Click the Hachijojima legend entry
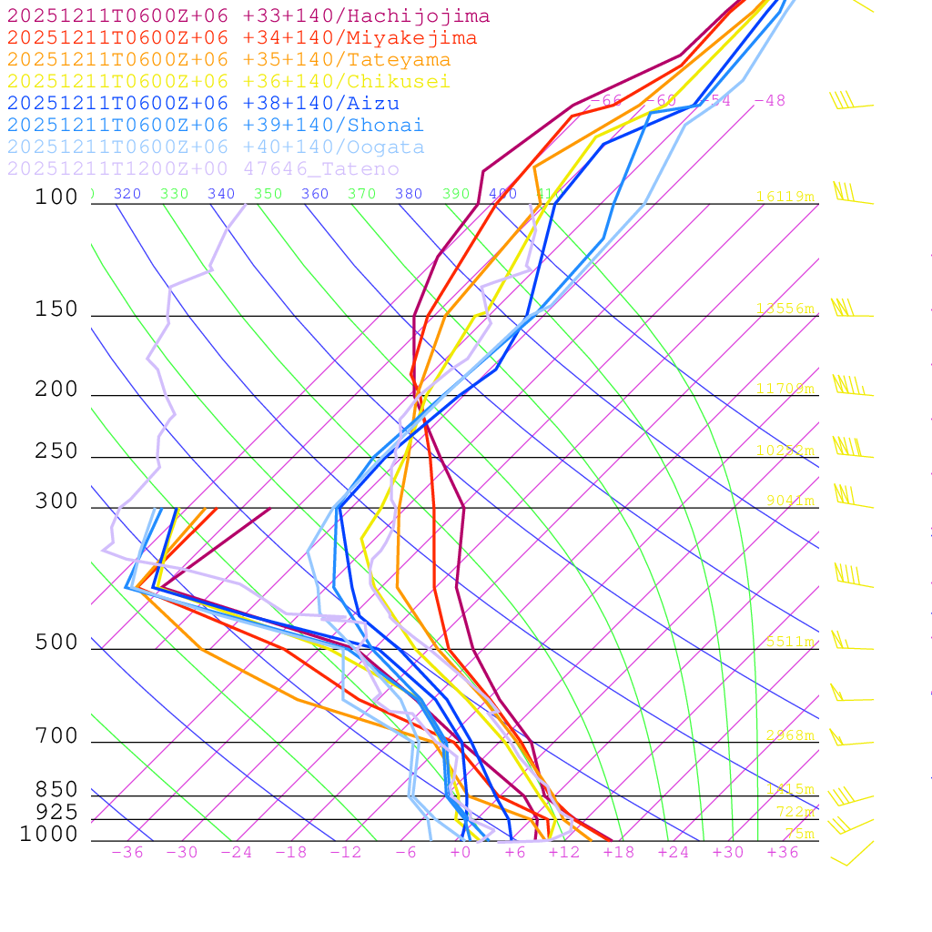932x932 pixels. click(x=248, y=16)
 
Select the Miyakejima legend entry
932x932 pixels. click(x=241, y=38)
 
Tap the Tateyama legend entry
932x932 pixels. click(x=228, y=60)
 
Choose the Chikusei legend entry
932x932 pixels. click(x=228, y=82)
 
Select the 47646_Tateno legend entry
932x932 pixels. click(x=203, y=169)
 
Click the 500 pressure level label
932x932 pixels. click(x=56, y=643)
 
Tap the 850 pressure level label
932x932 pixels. click(x=56, y=789)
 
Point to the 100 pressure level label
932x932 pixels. click(x=56, y=197)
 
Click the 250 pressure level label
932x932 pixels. click(x=56, y=451)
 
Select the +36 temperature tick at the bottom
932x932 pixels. click(x=783, y=853)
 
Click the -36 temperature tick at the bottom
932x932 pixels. click(x=127, y=853)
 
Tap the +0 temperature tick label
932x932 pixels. click(x=461, y=853)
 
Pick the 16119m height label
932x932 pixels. click(x=785, y=197)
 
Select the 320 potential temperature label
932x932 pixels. click(x=127, y=194)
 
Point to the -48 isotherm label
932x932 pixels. click(x=770, y=101)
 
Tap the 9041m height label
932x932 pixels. click(x=789, y=500)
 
